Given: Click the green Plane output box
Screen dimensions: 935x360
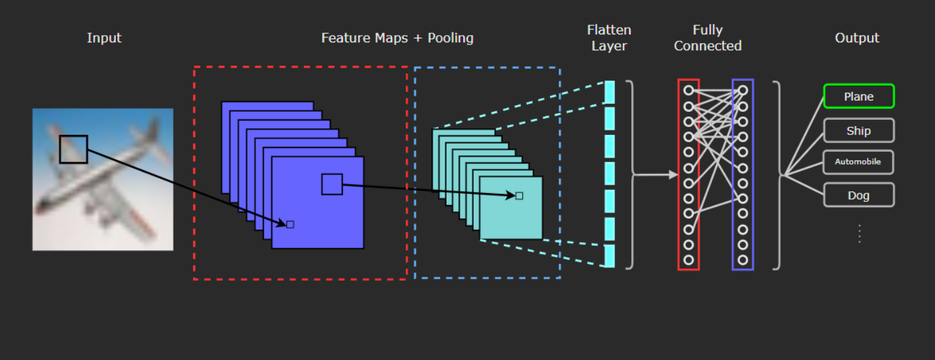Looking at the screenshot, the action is pyautogui.click(x=859, y=96).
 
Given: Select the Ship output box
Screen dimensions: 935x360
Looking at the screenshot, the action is pyautogui.click(x=859, y=131).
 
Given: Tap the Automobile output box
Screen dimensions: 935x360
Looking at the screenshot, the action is pyautogui.click(x=858, y=162).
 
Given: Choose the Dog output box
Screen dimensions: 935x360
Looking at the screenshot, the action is pyautogui.click(x=859, y=195).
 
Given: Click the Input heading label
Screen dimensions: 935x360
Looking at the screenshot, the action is pyautogui.click(x=104, y=38).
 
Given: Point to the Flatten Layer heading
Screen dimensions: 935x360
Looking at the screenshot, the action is pyautogui.click(x=609, y=38).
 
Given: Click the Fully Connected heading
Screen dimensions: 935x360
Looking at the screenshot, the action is pyautogui.click(x=707, y=38).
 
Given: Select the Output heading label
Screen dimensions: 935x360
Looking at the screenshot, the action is pyautogui.click(x=857, y=38).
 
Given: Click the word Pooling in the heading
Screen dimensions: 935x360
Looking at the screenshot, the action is pyautogui.click(x=451, y=38).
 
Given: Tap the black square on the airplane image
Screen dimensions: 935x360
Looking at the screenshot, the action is pyautogui.click(x=73, y=149).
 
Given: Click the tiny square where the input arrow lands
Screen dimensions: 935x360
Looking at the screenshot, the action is pyautogui.click(x=290, y=225).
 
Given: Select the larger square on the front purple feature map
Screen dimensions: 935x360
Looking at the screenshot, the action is pyautogui.click(x=332, y=184).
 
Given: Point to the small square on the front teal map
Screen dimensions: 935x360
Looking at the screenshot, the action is pyautogui.click(x=519, y=196).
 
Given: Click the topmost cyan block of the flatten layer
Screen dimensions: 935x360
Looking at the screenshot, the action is pyautogui.click(x=609, y=92).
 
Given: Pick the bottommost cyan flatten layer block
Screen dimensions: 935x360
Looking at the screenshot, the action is pyautogui.click(x=609, y=255).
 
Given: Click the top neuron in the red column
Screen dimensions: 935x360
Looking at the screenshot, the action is pyautogui.click(x=689, y=90).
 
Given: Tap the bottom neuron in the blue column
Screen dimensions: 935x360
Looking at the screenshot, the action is pyautogui.click(x=742, y=260).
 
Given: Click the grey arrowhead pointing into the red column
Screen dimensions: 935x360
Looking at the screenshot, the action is pyautogui.click(x=673, y=175).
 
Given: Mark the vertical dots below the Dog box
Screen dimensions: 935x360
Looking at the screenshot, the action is pyautogui.click(x=860, y=234).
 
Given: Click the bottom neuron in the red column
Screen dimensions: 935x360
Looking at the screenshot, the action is pyautogui.click(x=689, y=260).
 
